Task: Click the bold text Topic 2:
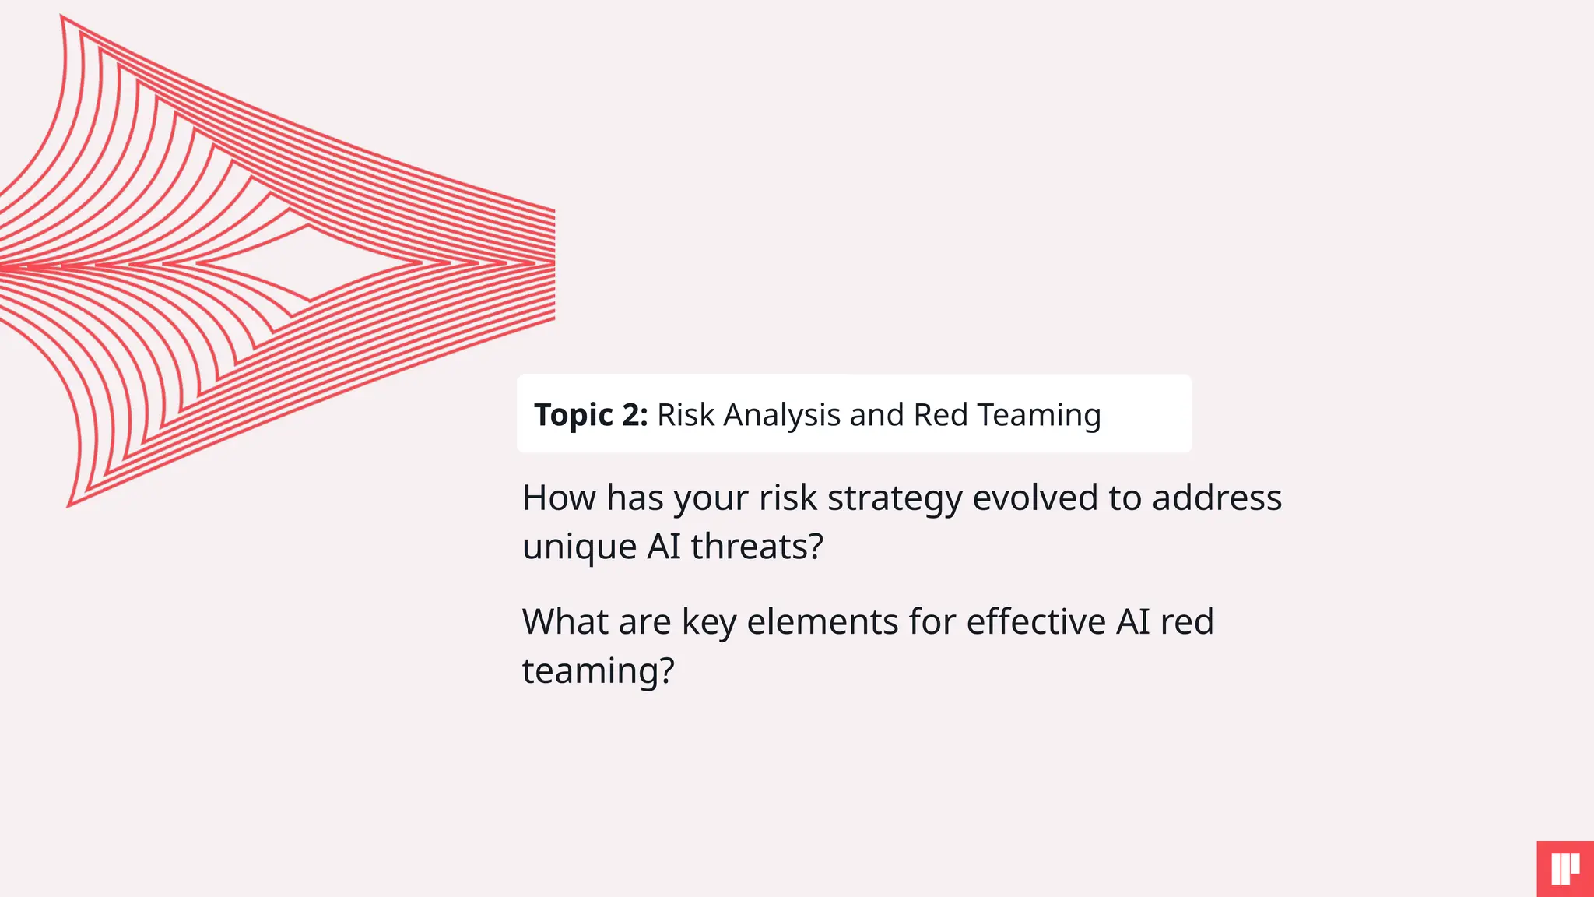(x=591, y=415)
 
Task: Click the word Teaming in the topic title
(x=1039, y=415)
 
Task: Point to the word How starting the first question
(x=559, y=498)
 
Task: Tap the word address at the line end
(x=1217, y=498)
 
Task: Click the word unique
(x=579, y=547)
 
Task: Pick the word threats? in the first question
(x=757, y=547)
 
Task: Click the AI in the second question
(x=1132, y=622)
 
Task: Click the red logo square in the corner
(x=1565, y=869)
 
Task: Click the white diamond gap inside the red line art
(x=311, y=263)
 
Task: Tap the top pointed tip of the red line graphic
(x=62, y=17)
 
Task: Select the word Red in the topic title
(x=940, y=415)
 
